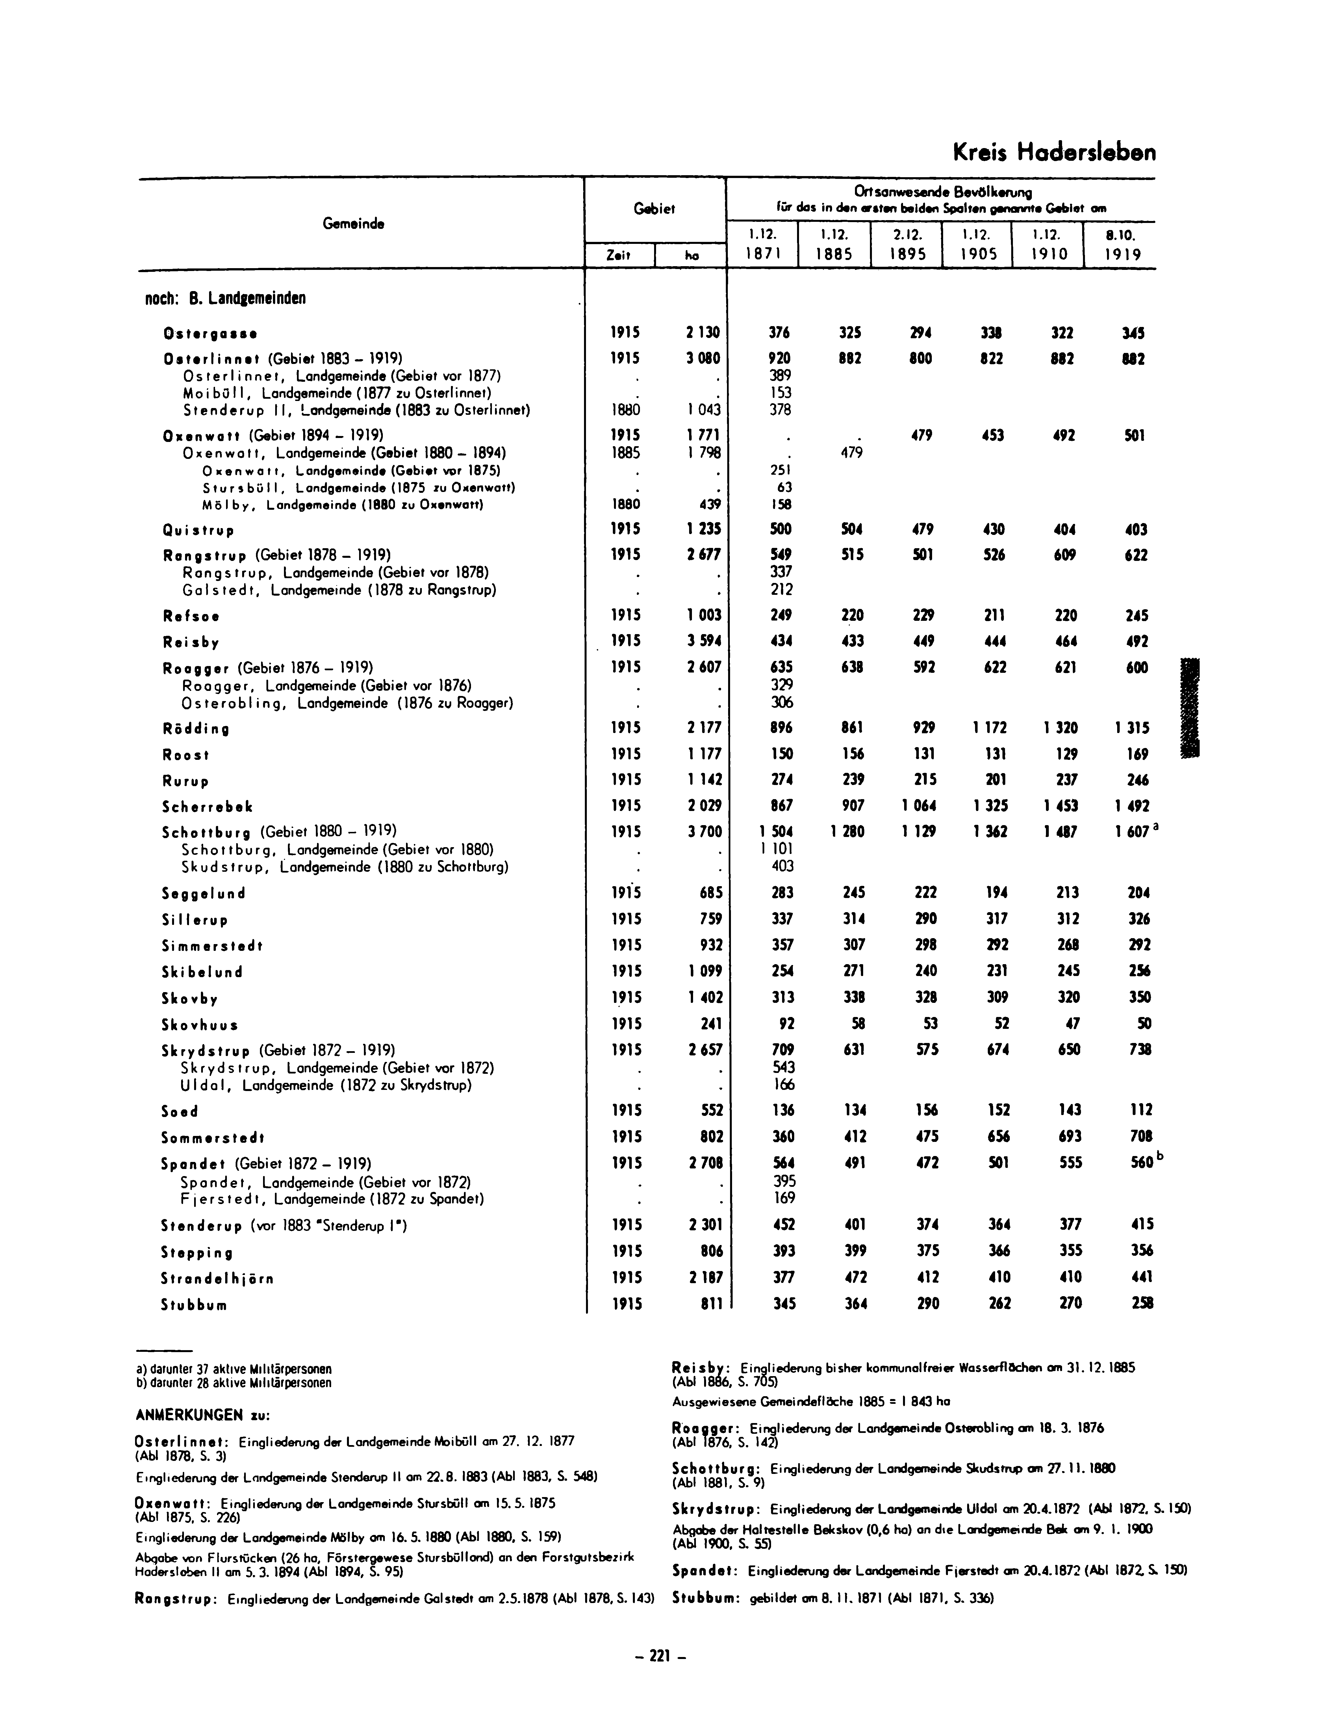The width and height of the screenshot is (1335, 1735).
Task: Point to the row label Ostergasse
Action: pos(210,333)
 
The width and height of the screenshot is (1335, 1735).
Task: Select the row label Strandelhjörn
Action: pos(218,1278)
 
